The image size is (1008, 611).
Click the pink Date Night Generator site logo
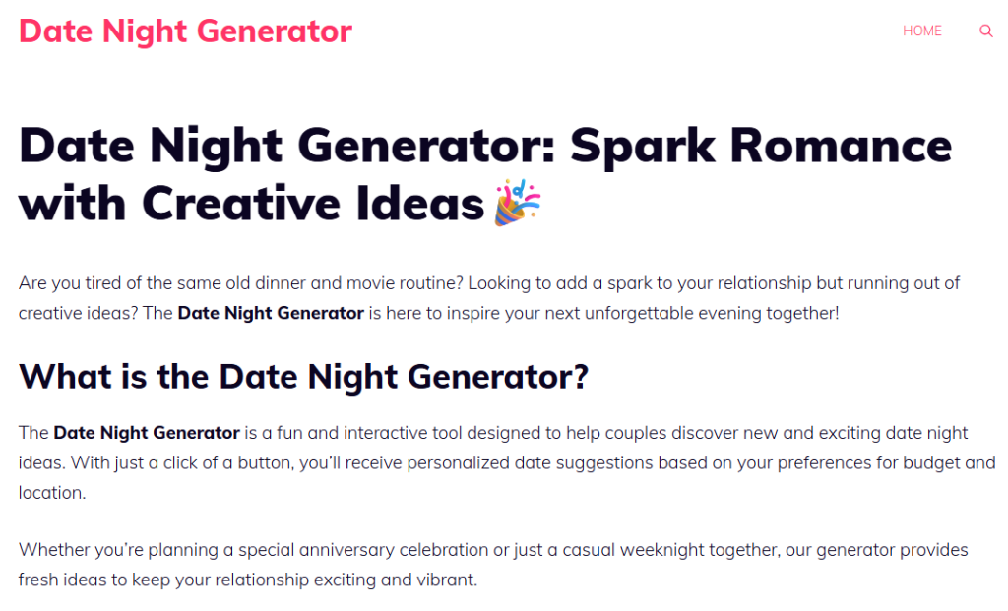185,31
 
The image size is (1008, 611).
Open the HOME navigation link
922,31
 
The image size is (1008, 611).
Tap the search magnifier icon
985,31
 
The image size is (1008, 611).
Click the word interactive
360,432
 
